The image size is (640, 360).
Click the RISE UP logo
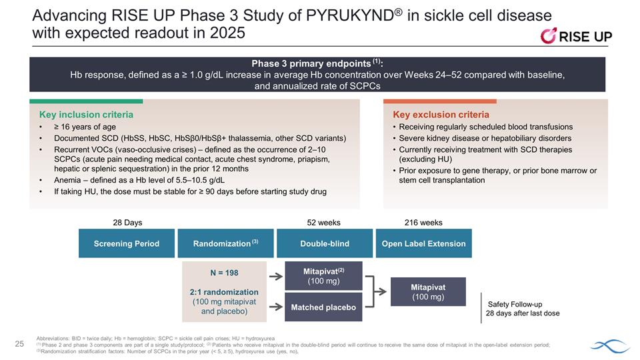point(575,36)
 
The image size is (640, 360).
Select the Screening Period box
point(127,243)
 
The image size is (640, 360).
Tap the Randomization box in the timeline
point(225,243)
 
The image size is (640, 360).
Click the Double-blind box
point(325,243)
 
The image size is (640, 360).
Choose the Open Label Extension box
point(424,243)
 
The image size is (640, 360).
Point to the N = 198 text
point(224,273)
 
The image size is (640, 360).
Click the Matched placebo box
point(323,307)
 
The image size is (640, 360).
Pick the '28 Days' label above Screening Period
point(127,223)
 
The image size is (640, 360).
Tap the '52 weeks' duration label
point(323,223)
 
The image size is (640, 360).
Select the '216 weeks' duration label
point(423,223)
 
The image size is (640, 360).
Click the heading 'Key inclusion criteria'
point(85,115)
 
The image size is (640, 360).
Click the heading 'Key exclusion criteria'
point(441,115)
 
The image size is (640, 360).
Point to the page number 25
point(20,343)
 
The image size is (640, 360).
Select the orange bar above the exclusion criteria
point(439,101)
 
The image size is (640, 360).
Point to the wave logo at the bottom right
point(610,345)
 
